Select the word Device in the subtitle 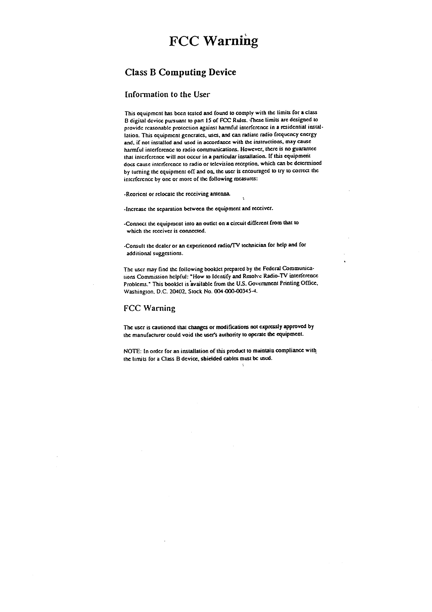click(x=222, y=72)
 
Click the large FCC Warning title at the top click(x=214, y=41)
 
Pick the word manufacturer click(x=148, y=333)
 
